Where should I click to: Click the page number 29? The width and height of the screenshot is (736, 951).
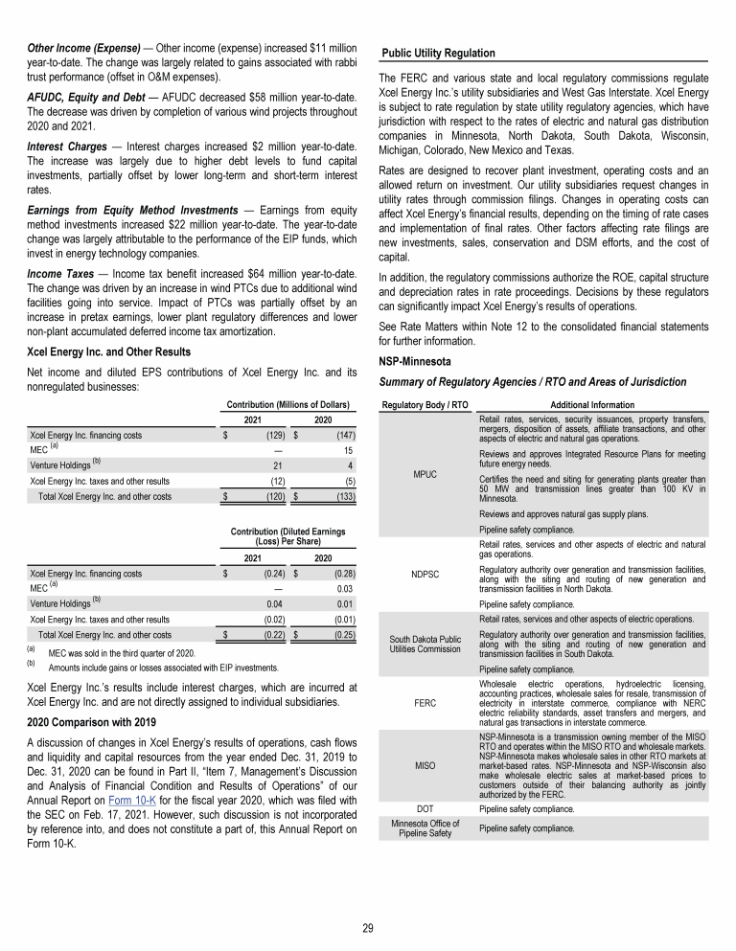point(368,925)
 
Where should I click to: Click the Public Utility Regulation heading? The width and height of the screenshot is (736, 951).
point(438,53)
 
